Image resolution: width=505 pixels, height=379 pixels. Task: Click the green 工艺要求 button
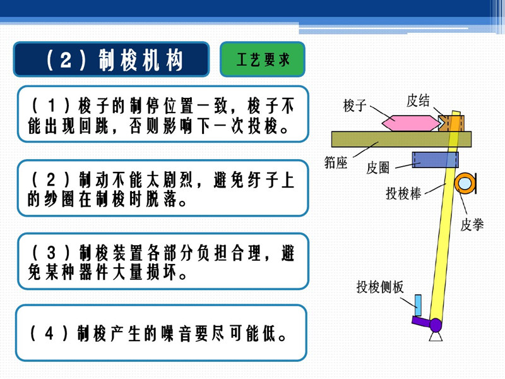(263, 60)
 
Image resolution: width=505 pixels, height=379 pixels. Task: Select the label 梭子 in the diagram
(355, 105)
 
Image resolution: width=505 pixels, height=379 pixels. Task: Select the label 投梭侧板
(379, 287)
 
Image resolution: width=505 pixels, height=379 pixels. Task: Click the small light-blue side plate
(417, 304)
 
